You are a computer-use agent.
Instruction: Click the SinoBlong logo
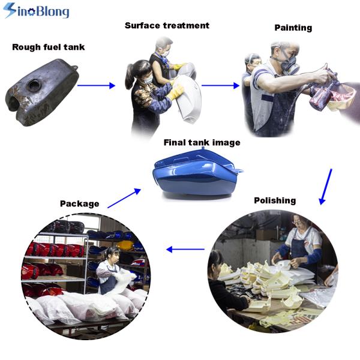[36, 11]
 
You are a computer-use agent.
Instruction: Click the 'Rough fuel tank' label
[49, 47]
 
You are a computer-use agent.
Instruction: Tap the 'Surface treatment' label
[167, 25]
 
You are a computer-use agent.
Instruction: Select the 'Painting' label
[293, 28]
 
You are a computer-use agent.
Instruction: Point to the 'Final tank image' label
[202, 143]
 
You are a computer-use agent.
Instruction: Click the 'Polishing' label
[275, 200]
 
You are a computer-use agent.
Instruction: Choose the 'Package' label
[79, 203]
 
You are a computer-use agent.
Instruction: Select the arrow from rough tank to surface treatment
[96, 85]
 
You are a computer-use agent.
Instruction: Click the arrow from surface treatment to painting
[220, 85]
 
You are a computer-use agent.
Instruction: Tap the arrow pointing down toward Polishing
[326, 187]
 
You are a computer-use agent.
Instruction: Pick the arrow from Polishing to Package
[185, 249]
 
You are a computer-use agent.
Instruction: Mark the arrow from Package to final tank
[124, 198]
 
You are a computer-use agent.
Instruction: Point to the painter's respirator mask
[290, 65]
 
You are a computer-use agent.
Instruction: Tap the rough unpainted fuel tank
[42, 92]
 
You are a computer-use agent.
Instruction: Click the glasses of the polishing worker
[298, 222]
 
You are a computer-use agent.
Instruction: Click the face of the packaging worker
[113, 256]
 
